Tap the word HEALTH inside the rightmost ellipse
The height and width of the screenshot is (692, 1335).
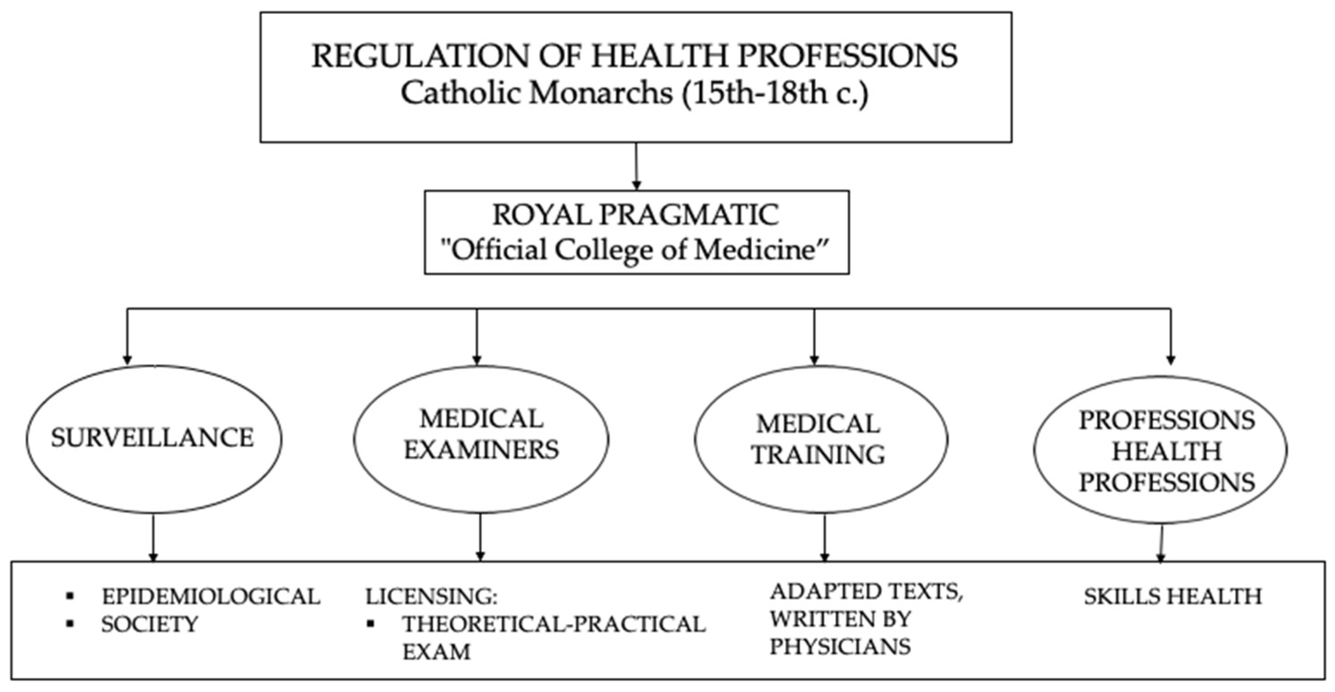click(1167, 451)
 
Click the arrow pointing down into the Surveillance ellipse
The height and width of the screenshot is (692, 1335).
click(127, 337)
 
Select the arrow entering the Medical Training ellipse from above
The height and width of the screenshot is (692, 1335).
click(814, 337)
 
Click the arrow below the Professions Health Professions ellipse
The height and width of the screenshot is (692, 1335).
click(1161, 544)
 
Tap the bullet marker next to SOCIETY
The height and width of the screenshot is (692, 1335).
click(70, 625)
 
